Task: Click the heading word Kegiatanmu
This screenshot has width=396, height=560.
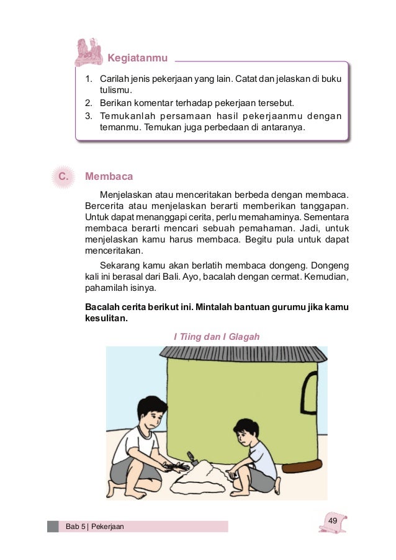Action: (x=138, y=58)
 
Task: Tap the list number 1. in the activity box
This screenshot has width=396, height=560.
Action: (x=89, y=80)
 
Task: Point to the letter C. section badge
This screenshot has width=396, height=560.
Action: (x=62, y=177)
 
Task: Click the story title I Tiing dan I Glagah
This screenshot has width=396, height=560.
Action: (x=215, y=337)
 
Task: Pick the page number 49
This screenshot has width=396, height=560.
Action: (x=333, y=520)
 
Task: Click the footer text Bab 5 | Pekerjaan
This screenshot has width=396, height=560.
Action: (x=95, y=527)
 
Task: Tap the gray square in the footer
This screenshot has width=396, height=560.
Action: (x=53, y=527)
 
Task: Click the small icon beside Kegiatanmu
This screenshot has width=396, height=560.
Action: (x=88, y=52)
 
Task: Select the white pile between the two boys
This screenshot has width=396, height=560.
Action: (x=202, y=478)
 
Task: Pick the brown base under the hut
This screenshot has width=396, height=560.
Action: (x=301, y=464)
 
